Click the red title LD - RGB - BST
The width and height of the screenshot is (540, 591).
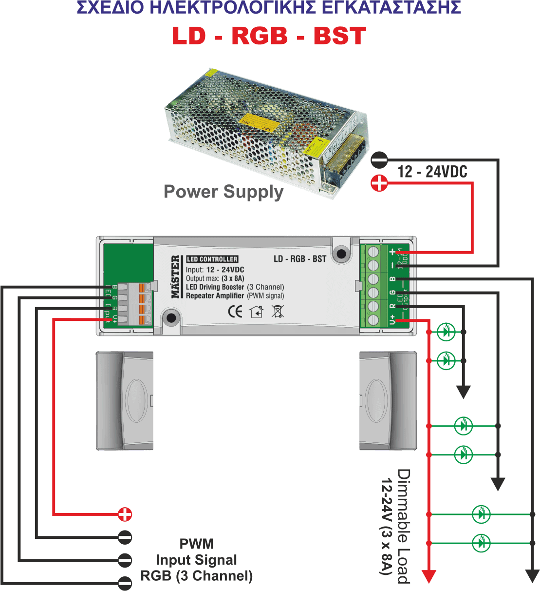coord(269,36)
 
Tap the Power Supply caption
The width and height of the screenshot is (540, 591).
coord(224,192)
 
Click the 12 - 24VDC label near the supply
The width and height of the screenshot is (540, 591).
coord(432,172)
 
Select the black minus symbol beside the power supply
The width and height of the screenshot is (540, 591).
coord(379,159)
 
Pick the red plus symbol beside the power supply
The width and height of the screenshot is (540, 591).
coord(379,183)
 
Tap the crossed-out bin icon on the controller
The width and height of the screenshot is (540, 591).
coord(278,311)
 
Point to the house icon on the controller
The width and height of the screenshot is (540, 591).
coord(256,311)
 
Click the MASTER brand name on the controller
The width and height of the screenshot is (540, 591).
coord(175,276)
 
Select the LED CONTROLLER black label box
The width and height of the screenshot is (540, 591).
coord(212,259)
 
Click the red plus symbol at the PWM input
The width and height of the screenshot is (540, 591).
coord(125,514)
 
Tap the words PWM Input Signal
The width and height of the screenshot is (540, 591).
coord(197,552)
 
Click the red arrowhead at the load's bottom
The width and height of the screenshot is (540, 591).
coord(428,577)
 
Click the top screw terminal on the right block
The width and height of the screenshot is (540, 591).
coord(374,252)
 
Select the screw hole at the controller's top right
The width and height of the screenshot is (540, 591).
coord(341,254)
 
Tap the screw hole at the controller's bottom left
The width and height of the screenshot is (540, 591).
coord(171,318)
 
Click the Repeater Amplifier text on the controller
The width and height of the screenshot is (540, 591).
coord(215,295)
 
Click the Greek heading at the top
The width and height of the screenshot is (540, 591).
coord(269,8)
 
